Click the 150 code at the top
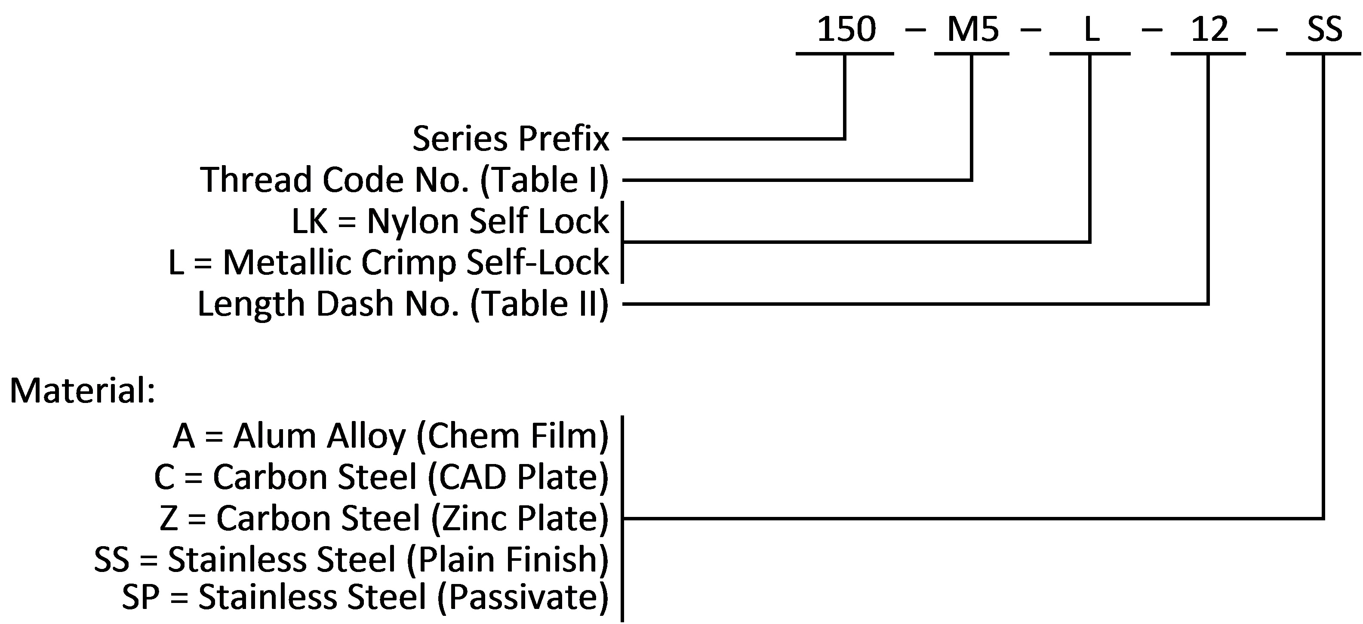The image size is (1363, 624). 846,30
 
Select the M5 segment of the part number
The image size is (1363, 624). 972,30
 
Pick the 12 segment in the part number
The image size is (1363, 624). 1209,30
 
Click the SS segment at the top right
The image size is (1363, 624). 1324,30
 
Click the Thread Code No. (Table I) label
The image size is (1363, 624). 405,180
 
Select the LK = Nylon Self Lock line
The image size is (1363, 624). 450,221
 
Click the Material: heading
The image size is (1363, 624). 83,391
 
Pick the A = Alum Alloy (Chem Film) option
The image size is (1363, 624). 391,436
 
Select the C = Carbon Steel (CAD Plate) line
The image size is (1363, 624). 382,477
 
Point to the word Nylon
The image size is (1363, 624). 413,221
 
